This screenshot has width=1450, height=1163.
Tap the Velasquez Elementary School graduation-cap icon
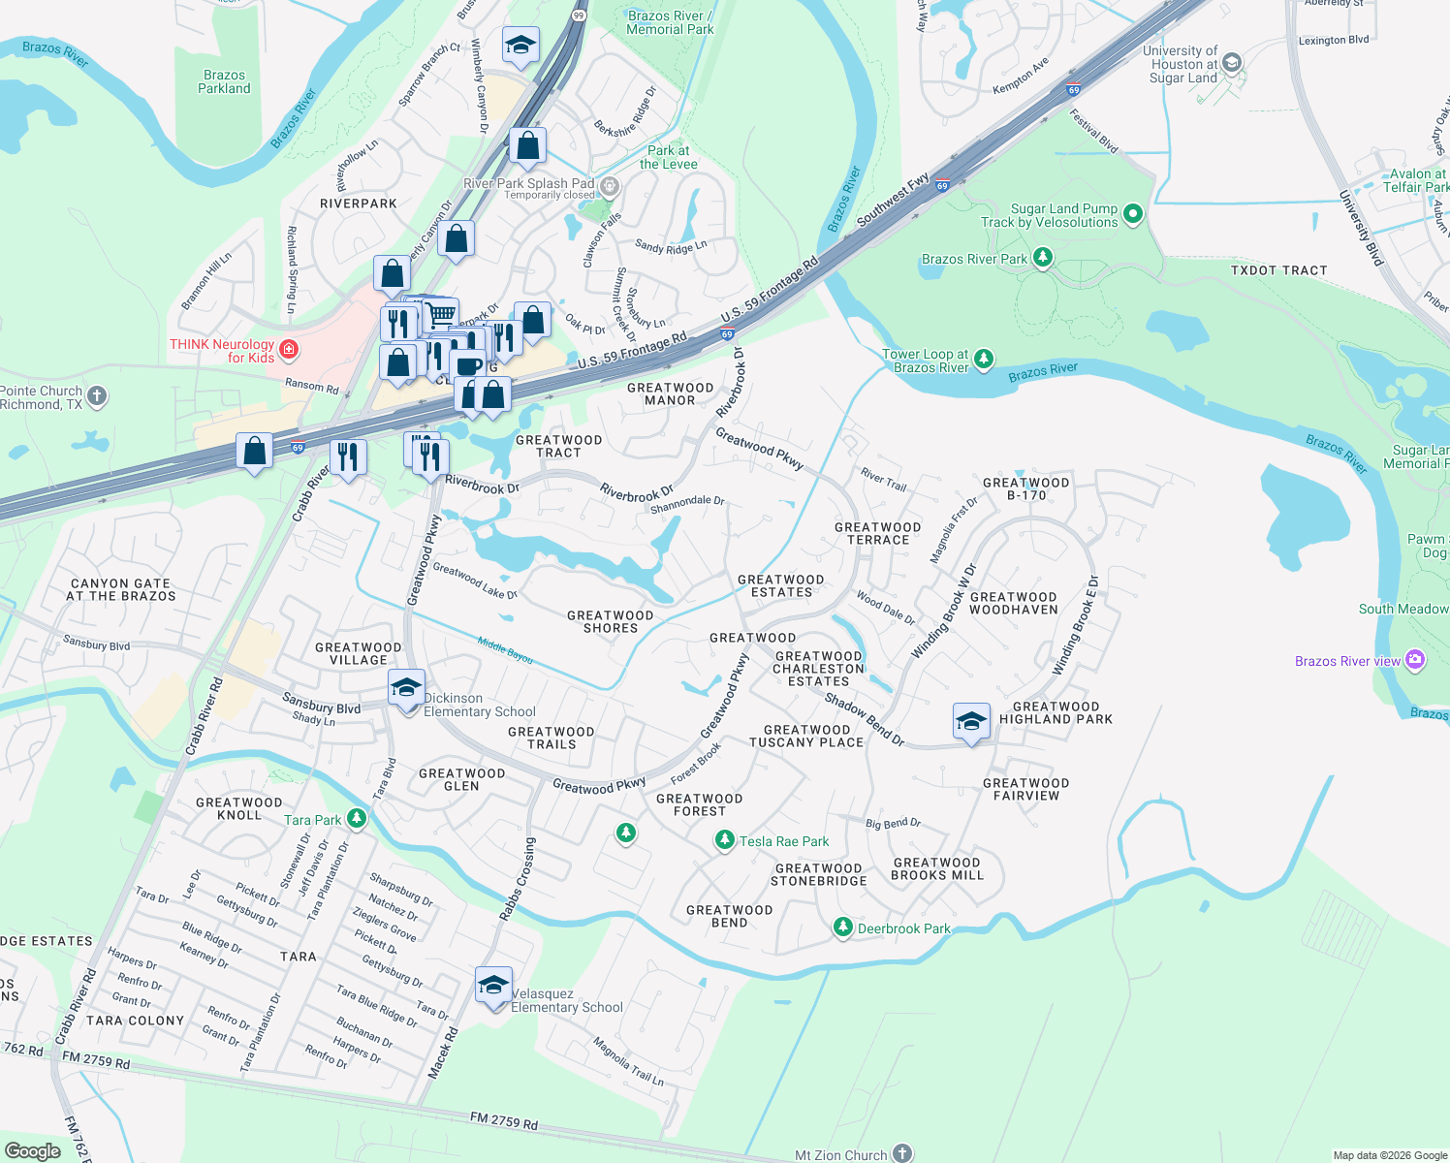[493, 986]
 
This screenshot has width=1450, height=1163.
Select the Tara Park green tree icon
[357, 819]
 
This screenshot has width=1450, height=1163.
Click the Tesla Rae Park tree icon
[724, 840]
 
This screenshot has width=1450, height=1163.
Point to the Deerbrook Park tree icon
[843, 927]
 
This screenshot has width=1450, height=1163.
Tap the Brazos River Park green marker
[1043, 258]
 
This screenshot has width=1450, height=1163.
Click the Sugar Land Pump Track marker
[1134, 214]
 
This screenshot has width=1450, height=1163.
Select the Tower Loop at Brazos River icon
[984, 360]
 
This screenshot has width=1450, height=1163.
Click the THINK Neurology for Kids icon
[288, 349]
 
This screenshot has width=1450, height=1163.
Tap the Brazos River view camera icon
[1415, 660]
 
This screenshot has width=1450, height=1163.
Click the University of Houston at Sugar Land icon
[1232, 63]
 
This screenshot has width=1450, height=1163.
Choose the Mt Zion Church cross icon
[902, 1153]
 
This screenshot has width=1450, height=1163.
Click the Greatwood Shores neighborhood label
[611, 621]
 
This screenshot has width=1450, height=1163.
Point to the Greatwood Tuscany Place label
[806, 736]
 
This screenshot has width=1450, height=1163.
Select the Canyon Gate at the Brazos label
[121, 589]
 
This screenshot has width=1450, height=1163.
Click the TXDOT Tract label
[1278, 270]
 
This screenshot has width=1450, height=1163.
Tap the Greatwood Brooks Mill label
[937, 868]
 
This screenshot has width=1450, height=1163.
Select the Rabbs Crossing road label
[518, 878]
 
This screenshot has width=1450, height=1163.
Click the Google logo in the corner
[32, 1150]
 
